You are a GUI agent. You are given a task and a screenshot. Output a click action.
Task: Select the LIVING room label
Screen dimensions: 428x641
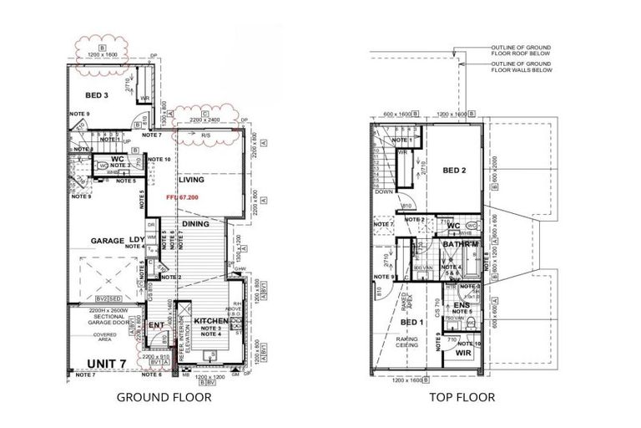pos(192,180)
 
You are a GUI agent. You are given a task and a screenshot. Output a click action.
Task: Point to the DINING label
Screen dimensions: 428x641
pos(196,224)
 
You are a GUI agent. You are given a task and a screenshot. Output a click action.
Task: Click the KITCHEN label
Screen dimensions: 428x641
pos(210,321)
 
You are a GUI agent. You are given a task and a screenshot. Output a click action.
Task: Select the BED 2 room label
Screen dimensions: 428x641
pos(455,171)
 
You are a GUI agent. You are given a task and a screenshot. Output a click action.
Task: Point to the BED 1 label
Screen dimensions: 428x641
pos(411,322)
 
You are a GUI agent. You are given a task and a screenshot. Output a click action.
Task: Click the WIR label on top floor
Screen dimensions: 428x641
pos(462,353)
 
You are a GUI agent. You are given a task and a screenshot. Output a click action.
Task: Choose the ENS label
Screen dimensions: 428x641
pos(461,306)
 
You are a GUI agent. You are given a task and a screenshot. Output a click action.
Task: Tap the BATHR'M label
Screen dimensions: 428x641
pos(459,244)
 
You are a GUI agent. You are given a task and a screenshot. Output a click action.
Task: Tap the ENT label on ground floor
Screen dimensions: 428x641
pos(155,325)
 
